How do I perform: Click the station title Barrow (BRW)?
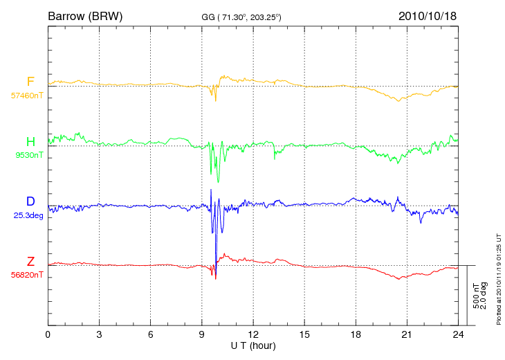[85, 16]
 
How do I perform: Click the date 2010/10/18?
[428, 16]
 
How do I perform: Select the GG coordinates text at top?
[241, 17]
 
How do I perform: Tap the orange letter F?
[30, 82]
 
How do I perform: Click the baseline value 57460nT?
[27, 96]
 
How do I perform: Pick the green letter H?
[30, 141]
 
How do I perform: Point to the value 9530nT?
[29, 155]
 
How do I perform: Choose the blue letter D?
[30, 201]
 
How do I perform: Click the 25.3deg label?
[28, 215]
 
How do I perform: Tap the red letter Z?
[30, 261]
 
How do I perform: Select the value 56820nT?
[27, 275]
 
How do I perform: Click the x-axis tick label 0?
[48, 334]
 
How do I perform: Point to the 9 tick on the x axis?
[201, 334]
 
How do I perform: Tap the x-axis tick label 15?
[304, 334]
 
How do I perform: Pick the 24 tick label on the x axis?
[458, 334]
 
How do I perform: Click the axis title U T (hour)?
[253, 346]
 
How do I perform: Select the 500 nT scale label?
[476, 296]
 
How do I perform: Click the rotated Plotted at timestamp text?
[499, 279]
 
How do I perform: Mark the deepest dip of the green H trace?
[218, 182]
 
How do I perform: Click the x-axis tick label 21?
[407, 334]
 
